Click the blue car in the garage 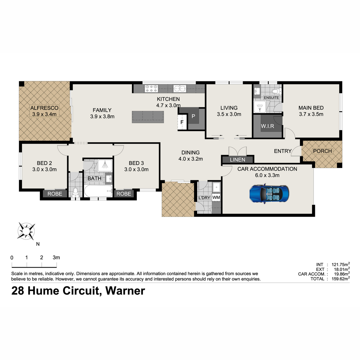(269, 193)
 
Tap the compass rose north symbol (26, 231)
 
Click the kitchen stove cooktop (151, 88)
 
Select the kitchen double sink (180, 88)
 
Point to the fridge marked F (182, 122)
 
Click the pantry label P (193, 116)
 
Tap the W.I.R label (267, 126)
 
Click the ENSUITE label (271, 98)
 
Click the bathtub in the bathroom (98, 191)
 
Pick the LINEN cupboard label (237, 160)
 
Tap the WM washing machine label (216, 197)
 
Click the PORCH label (322, 151)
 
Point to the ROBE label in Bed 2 (55, 194)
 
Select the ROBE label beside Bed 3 (124, 194)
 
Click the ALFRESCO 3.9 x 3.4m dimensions (44, 114)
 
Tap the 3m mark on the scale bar (57, 265)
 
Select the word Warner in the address (125, 291)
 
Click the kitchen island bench (148, 117)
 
